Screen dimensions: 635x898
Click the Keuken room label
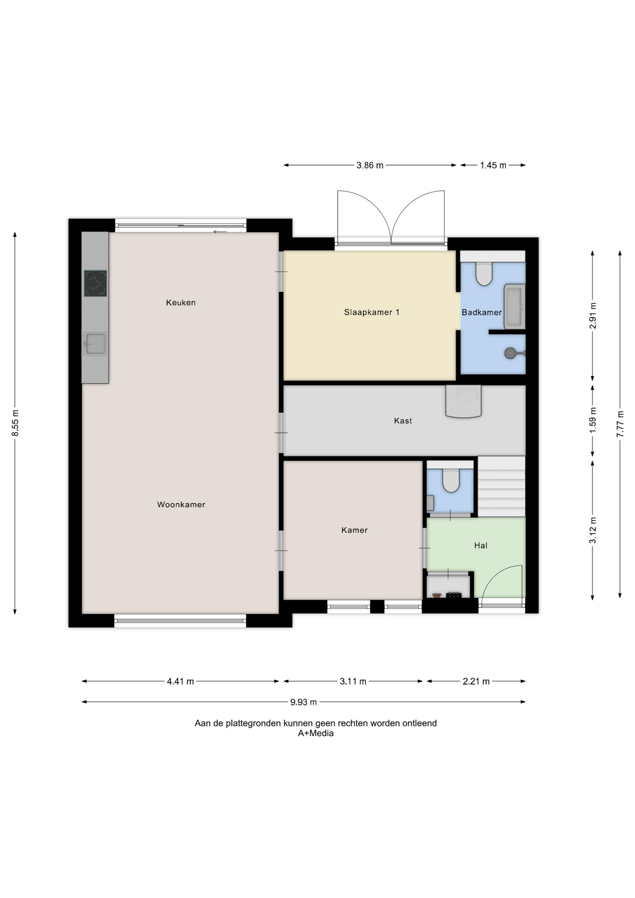pos(180,303)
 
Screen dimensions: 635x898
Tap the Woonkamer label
pos(181,505)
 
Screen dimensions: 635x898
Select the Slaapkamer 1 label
pos(372,312)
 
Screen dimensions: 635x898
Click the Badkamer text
pos(482,312)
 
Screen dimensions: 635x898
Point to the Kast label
pos(403,421)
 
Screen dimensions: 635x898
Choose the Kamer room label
pos(354,530)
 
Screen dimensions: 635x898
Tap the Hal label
pos(481,545)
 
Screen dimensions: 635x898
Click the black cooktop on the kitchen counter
pos(95,283)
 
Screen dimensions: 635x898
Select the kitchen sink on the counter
pos(95,344)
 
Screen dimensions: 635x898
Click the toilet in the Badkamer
pos(484,274)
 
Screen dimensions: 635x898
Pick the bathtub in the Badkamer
pos(514,306)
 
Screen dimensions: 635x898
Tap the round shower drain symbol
pos(511,353)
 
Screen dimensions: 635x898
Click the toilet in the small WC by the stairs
pos(451,481)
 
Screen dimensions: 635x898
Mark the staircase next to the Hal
pos(501,486)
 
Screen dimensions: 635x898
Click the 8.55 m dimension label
pos(15,423)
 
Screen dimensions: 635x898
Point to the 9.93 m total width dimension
pos(303,702)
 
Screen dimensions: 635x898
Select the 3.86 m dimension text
pos(370,165)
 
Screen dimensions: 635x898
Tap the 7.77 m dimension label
pos(620,424)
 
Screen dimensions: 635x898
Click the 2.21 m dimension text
pos(476,681)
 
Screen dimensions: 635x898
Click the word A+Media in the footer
pos(316,733)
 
